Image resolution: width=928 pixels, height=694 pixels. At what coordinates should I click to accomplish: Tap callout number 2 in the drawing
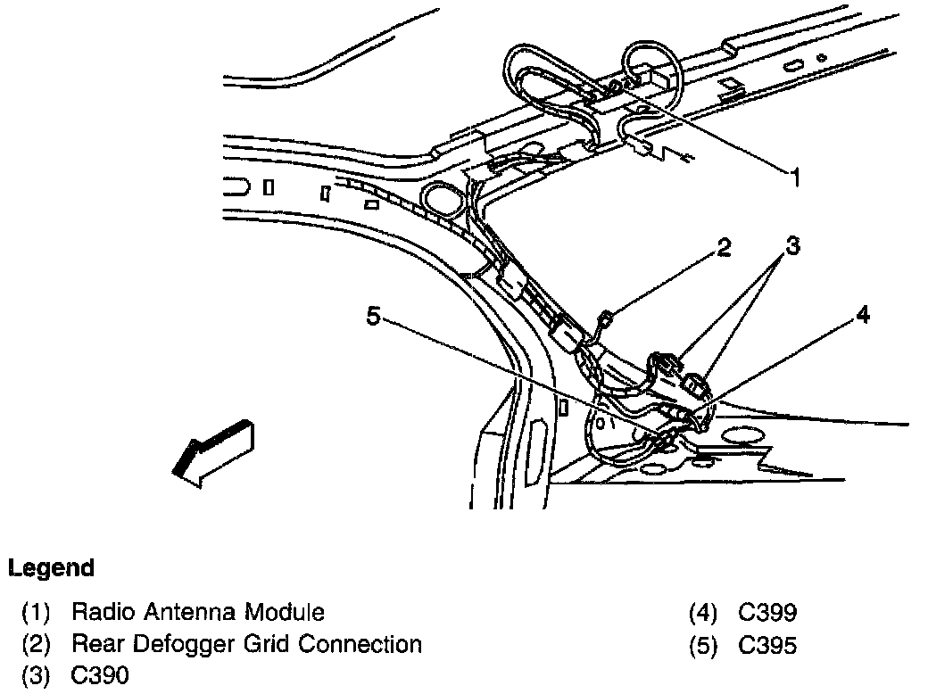724,248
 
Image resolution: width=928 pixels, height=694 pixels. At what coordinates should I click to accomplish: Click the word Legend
51,568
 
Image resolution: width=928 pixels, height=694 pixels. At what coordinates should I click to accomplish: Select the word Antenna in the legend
175,612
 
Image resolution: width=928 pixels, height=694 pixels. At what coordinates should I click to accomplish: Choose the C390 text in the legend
100,675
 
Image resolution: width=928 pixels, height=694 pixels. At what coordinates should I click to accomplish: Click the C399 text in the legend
767,612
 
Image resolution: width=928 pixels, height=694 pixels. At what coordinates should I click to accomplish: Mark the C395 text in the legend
767,644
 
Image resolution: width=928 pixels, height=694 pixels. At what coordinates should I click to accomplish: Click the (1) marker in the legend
37,613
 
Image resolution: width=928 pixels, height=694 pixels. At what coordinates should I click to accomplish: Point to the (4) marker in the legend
703,613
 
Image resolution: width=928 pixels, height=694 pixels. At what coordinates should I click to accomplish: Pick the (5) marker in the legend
703,645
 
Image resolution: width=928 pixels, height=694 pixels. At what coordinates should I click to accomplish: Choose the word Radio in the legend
98,612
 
